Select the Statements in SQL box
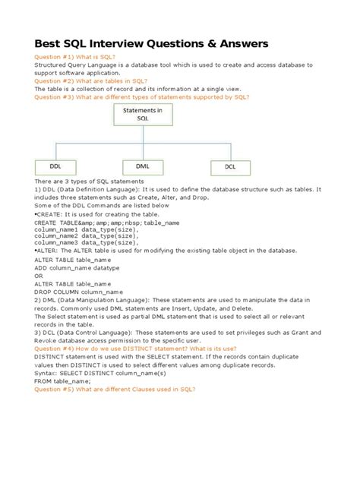point(138,115)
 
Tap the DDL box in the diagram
point(55,166)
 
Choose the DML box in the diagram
point(142,166)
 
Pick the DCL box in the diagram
point(230,166)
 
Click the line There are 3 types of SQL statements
point(89,183)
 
